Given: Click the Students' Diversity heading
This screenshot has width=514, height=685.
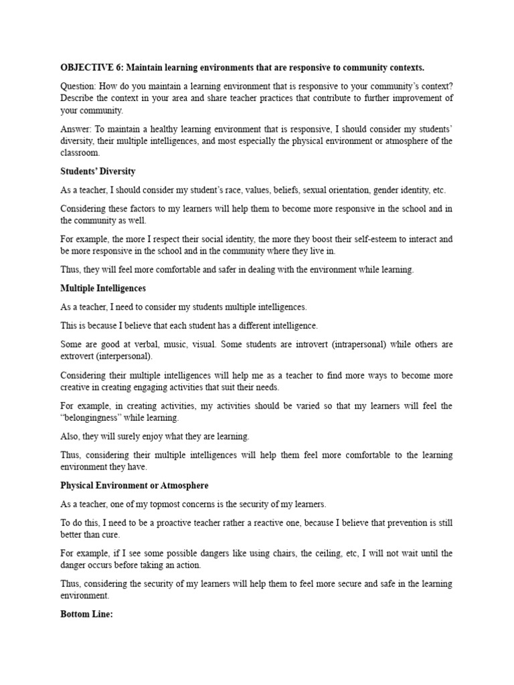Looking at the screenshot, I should [98, 172].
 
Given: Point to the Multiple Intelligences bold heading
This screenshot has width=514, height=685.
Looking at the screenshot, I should [103, 288].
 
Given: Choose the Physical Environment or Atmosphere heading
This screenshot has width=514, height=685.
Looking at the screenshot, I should [135, 485].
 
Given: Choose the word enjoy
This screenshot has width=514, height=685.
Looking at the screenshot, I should [145, 436].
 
